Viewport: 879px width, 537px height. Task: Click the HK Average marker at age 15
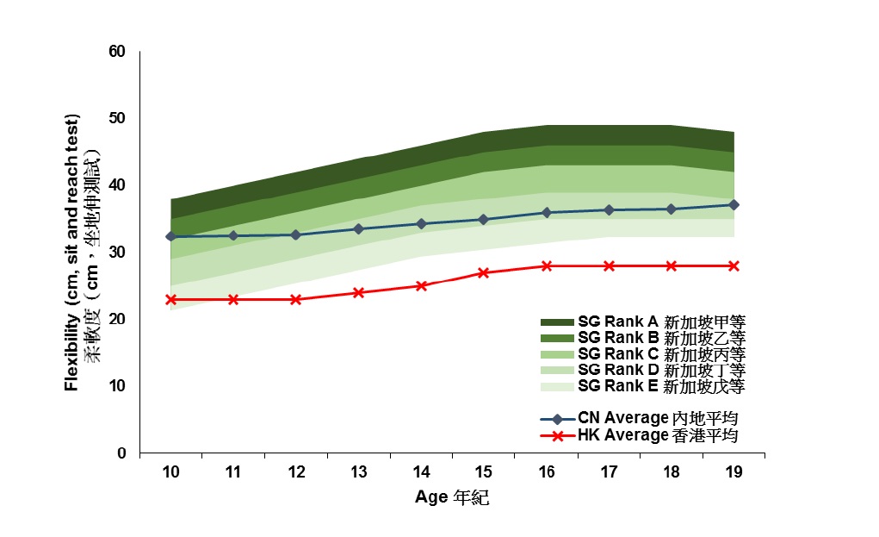point(484,272)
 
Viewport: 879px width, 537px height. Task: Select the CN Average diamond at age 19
point(734,204)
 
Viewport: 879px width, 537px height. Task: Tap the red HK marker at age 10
point(171,299)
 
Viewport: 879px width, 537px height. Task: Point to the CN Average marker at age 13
point(359,228)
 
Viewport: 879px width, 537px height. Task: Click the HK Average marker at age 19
point(734,265)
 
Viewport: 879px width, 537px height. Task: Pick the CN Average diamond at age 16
point(546,212)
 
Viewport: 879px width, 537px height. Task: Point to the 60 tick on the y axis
point(118,52)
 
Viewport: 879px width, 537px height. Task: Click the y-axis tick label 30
point(118,253)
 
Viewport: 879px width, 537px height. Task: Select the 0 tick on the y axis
point(121,453)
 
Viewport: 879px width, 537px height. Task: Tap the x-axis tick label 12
point(296,472)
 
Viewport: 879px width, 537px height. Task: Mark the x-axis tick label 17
point(609,472)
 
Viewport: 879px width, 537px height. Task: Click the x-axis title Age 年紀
point(451,497)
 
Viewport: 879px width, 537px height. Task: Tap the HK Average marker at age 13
point(359,292)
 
